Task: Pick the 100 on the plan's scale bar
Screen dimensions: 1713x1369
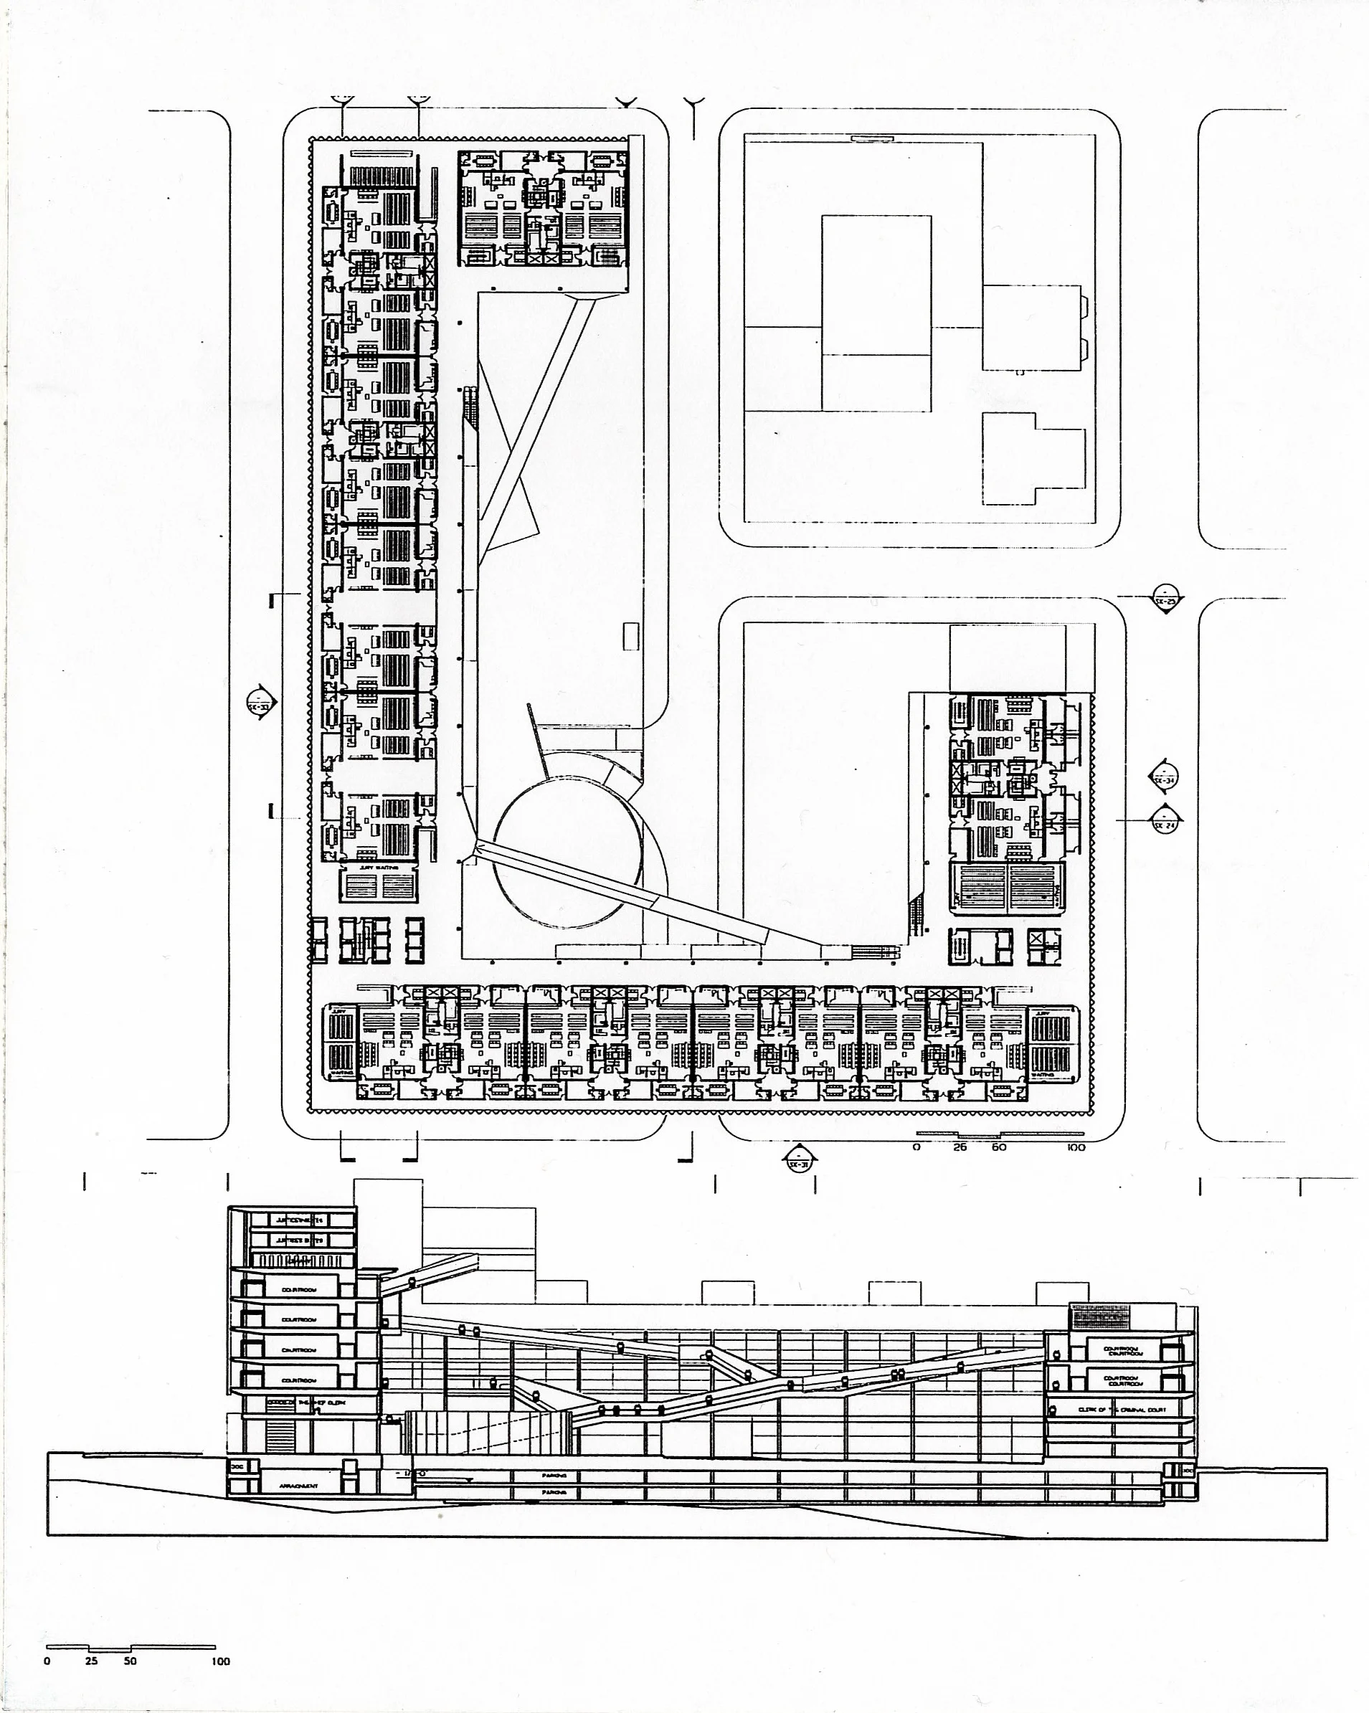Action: pos(1076,1147)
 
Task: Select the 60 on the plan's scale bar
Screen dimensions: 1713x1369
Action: pos(999,1147)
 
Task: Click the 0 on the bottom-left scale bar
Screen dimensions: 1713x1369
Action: pos(47,1661)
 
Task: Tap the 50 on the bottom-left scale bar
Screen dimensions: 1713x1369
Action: pos(130,1661)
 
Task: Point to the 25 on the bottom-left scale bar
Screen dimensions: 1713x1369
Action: pos(91,1661)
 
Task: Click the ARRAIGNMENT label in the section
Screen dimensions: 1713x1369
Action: pos(299,1486)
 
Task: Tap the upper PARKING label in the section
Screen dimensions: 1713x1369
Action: pos(554,1476)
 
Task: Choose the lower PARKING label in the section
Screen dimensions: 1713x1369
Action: pos(554,1493)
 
